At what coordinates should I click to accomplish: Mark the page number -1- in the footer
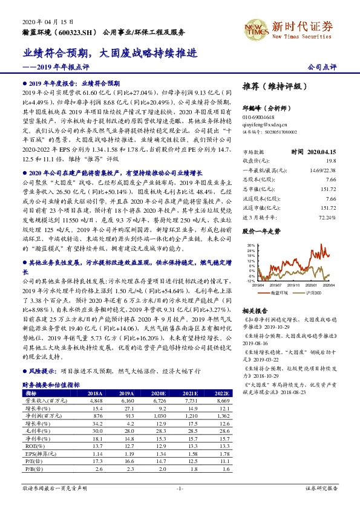point(180,488)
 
